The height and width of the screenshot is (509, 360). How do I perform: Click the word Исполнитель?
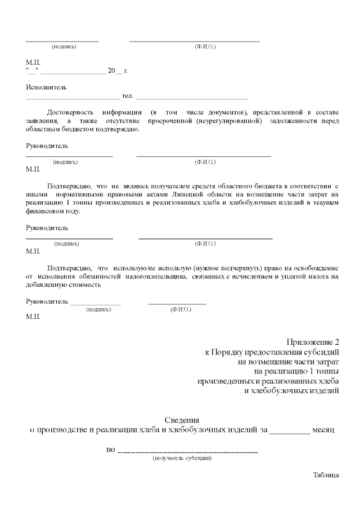pyautogui.click(x=46, y=88)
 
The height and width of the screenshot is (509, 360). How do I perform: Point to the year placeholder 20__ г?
pyautogui.click(x=118, y=71)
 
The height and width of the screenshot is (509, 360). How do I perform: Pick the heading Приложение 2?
pyautogui.click(x=313, y=342)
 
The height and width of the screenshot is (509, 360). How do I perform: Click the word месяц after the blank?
pyautogui.click(x=325, y=430)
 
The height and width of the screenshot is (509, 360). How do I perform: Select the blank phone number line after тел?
pyautogui.click(x=192, y=98)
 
